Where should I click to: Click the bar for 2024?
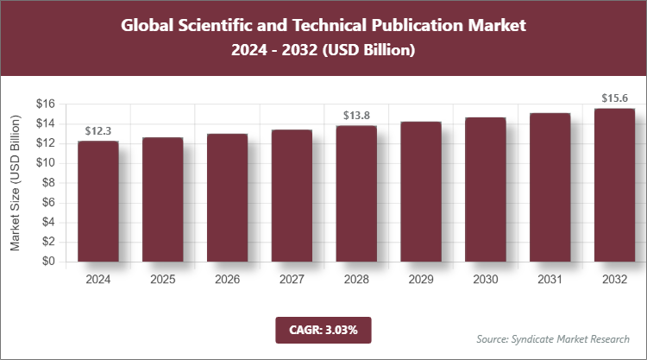(97, 201)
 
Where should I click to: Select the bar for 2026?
(227, 198)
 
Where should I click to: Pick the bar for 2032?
(614, 185)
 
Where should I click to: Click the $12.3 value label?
(97, 131)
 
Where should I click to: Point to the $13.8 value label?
(356, 115)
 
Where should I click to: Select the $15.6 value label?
(615, 98)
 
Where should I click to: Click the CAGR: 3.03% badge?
(323, 329)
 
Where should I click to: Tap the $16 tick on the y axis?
(45, 104)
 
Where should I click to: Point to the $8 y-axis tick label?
(48, 183)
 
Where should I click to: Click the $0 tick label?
(48, 262)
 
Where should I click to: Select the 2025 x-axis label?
(162, 280)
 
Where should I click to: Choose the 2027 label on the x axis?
(292, 280)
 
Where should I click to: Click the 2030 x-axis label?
(486, 280)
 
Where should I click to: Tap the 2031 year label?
(550, 280)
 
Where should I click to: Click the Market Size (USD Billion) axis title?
(16, 183)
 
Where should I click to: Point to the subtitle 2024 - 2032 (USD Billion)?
(323, 51)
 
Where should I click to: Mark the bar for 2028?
(356, 193)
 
